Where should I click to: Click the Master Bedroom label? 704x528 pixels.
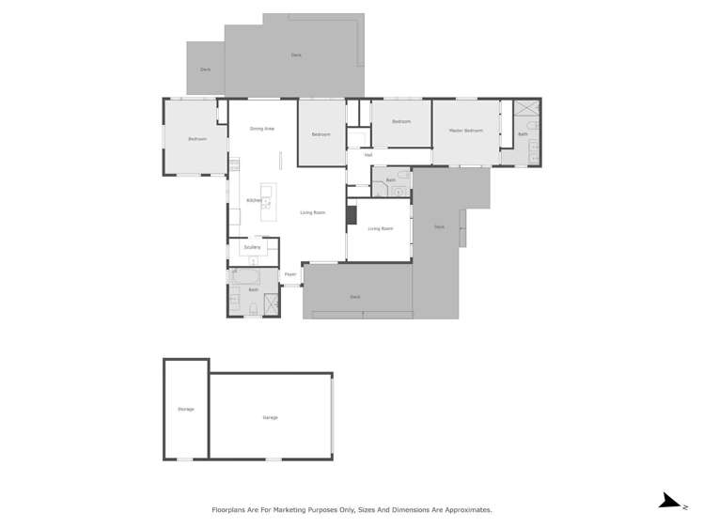466,131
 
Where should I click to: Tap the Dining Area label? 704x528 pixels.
262,128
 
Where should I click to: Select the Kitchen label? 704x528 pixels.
254,200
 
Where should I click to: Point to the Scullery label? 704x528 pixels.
252,247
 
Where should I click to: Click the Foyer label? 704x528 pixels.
290,274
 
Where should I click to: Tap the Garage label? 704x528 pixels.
270,417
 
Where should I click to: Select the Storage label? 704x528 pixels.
185,410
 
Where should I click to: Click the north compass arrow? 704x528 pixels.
670,502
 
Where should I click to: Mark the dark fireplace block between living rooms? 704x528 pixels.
352,215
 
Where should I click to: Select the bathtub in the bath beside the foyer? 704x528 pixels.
244,277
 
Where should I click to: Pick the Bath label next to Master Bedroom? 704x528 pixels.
523,134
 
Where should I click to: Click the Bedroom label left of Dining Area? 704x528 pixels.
196,139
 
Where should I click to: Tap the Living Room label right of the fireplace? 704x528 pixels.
380,228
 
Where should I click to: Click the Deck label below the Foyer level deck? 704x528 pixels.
354,297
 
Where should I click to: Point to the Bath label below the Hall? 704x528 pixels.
390,179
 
